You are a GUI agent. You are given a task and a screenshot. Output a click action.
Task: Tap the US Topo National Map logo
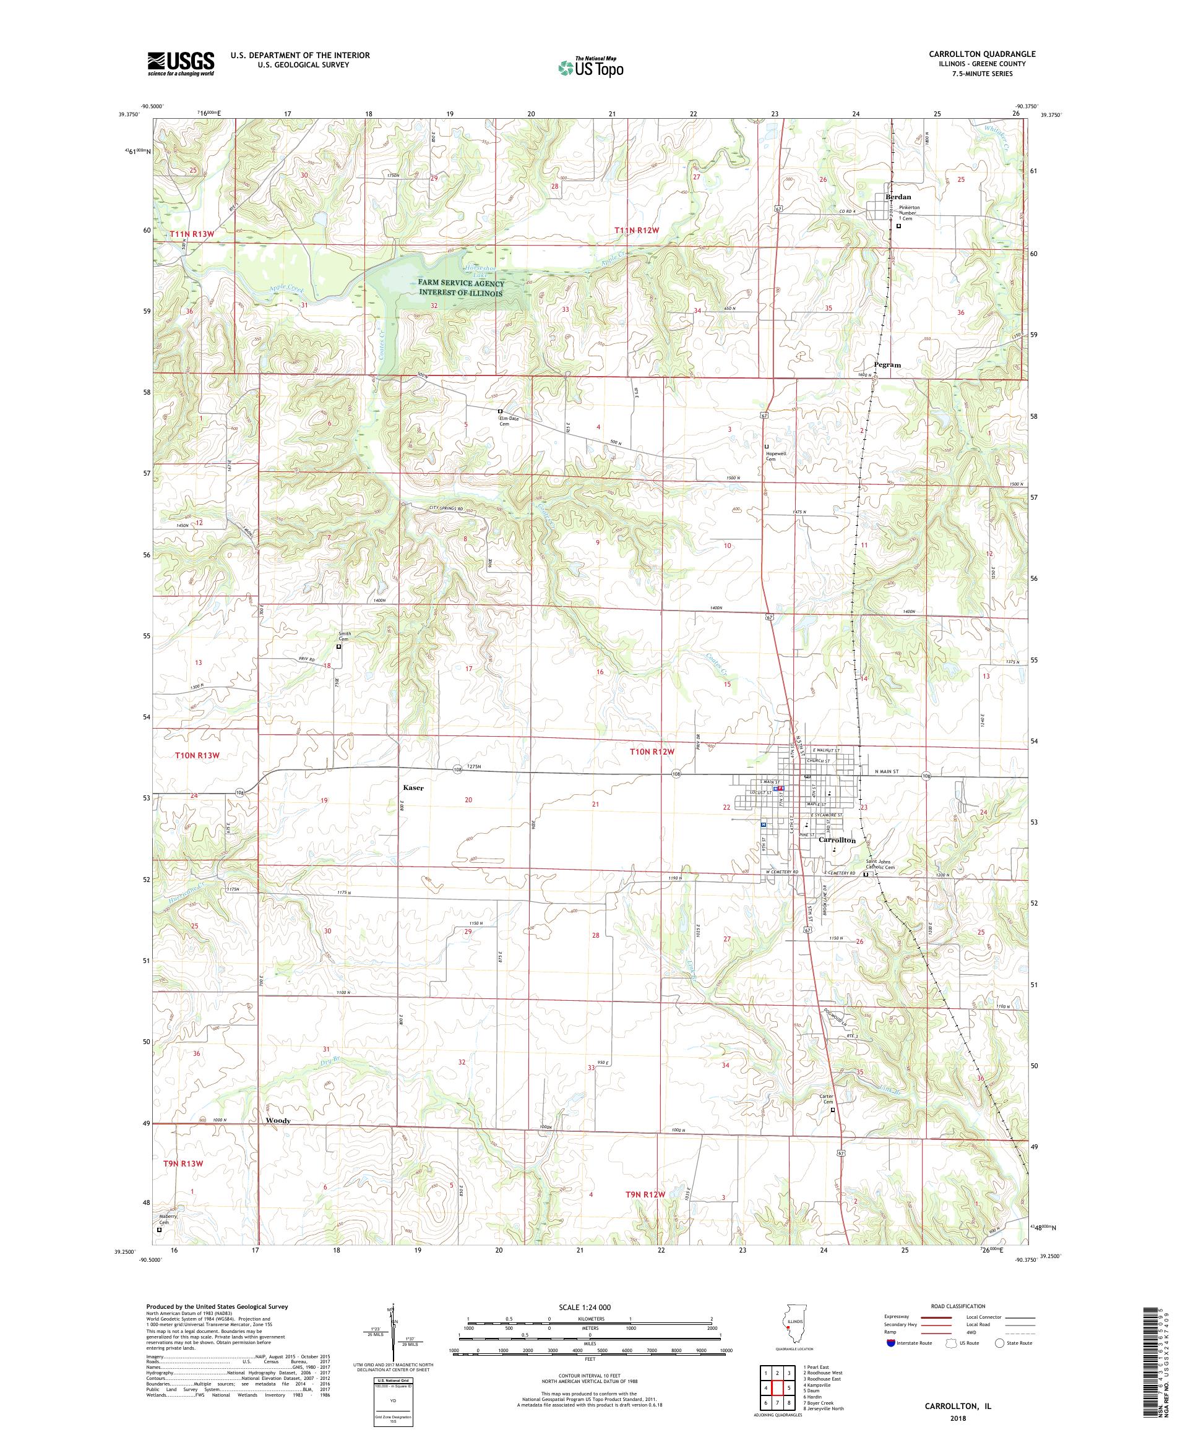tap(590, 67)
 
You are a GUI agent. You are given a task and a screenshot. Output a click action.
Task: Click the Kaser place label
tap(413, 788)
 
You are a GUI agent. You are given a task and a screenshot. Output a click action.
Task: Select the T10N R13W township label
tap(197, 755)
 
